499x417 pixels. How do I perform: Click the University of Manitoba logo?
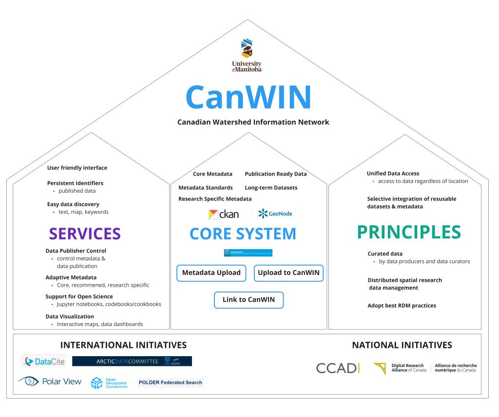(247, 55)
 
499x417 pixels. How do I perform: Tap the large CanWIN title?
(248, 97)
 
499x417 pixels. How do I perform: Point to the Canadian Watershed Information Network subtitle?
(253, 122)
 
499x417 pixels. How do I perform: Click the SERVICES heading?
(85, 234)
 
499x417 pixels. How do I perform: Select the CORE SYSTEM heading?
(243, 234)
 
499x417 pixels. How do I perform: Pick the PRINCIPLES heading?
(409, 232)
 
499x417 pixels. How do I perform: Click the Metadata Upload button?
(211, 273)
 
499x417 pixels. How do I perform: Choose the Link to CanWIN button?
(249, 300)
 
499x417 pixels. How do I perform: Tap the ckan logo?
(224, 214)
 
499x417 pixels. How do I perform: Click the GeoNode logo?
(275, 214)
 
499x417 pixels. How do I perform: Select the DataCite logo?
(44, 362)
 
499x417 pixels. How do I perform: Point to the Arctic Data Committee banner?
(132, 361)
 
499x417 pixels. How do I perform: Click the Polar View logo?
(50, 381)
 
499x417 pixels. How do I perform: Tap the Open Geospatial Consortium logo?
(110, 382)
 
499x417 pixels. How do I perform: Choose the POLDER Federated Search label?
(171, 382)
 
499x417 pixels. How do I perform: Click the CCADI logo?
(338, 368)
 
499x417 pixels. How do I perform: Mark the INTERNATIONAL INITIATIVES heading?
(123, 345)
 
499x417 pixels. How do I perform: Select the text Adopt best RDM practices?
(402, 306)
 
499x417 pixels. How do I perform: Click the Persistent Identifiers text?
(75, 183)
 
